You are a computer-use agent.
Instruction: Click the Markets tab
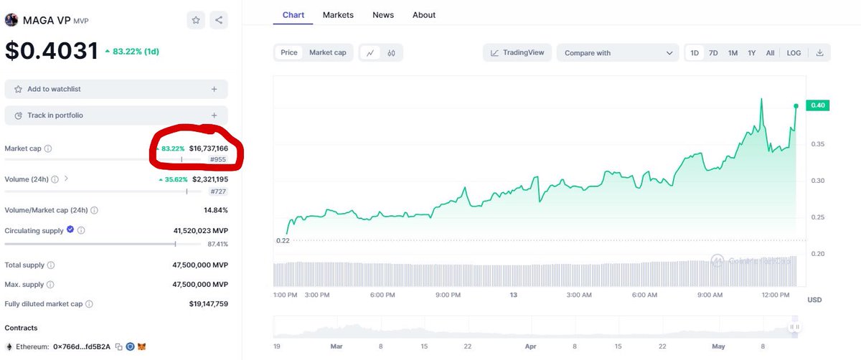point(338,15)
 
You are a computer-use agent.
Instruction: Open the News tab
point(383,15)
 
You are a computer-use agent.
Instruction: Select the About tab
point(423,15)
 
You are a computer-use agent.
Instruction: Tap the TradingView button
point(517,52)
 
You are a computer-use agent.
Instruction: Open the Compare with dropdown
point(618,53)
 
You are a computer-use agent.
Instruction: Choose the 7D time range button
point(713,53)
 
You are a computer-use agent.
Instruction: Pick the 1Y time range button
point(751,53)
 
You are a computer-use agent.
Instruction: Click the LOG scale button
point(794,53)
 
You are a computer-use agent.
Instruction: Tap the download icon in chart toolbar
point(819,52)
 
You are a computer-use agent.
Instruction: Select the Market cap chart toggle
point(327,52)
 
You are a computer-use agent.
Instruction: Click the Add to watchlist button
point(116,89)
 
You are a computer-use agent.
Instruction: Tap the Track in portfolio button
point(116,115)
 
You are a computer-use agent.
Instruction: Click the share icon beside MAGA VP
point(219,20)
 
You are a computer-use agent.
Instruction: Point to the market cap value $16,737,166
point(208,148)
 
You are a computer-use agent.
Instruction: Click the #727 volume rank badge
point(218,191)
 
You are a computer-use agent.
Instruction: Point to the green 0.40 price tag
point(817,105)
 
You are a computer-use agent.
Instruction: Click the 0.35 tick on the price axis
point(817,144)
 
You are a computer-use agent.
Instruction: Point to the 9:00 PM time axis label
point(448,295)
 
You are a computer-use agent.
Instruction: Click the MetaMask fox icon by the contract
point(142,346)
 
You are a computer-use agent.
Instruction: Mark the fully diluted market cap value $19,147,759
point(208,304)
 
